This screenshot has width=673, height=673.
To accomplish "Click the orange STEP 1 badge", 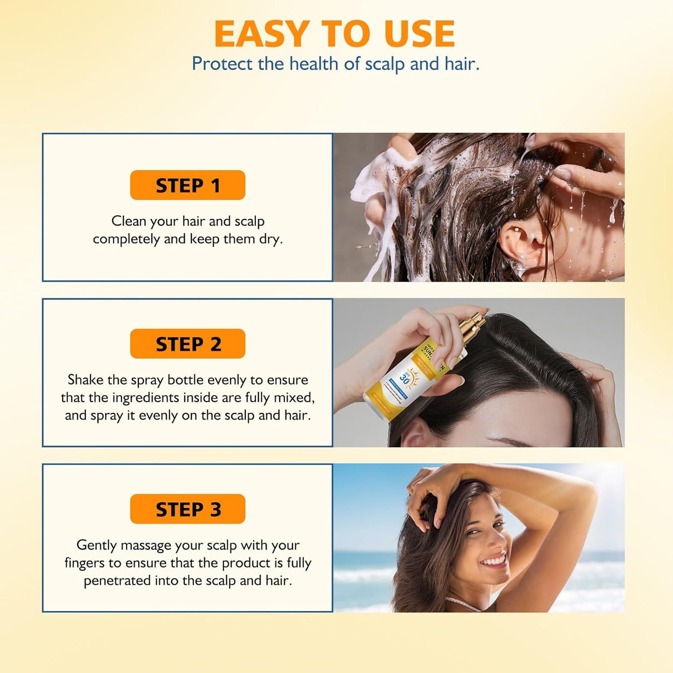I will coord(187,185).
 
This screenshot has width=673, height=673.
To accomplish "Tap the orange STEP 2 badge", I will coord(187,344).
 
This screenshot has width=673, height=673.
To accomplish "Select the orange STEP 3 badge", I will coord(187,509).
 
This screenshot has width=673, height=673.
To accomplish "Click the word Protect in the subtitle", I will coord(222,64).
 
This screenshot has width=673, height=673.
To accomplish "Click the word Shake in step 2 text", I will coord(86,380).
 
